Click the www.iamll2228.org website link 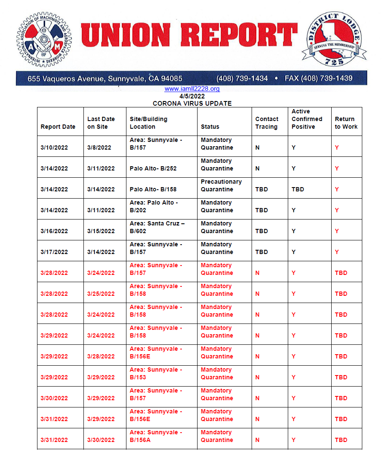tap(192, 89)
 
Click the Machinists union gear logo tap(44, 39)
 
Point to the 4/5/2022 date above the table tap(192, 96)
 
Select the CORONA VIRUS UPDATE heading tap(192, 103)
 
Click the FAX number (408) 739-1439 tap(318, 78)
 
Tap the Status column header tap(210, 127)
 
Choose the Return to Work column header tap(346, 123)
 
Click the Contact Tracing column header tap(267, 123)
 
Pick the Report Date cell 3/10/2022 tap(54, 147)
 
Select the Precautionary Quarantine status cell tap(221, 185)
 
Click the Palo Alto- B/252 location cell tap(153, 168)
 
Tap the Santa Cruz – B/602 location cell tap(157, 227)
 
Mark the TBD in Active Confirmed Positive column tap(298, 189)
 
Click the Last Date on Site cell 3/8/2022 tap(99, 147)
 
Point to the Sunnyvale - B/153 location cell tap(156, 373)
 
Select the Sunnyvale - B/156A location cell tap(156, 436)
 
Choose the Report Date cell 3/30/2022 tap(54, 398)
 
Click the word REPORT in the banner tap(239, 35)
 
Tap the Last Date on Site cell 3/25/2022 tap(101, 294)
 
